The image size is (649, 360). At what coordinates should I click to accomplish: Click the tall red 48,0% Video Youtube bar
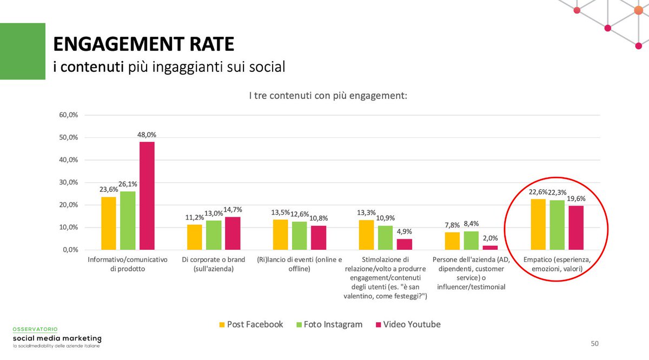tap(147, 196)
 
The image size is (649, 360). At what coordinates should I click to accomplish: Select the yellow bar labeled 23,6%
tap(109, 223)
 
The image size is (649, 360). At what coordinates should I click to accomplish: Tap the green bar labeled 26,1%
tap(128, 221)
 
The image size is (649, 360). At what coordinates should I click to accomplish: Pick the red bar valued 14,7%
tap(233, 234)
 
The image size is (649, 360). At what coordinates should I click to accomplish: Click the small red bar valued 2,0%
tap(490, 248)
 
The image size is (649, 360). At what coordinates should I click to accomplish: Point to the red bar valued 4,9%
tap(404, 244)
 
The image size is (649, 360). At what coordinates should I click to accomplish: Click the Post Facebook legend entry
tap(250, 324)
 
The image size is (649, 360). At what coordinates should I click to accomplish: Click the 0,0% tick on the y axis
tap(69, 250)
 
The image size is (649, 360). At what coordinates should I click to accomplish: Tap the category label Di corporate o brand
tap(213, 264)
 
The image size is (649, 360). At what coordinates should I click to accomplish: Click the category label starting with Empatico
tap(558, 264)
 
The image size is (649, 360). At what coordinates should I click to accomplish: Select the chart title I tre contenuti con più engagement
tap(328, 96)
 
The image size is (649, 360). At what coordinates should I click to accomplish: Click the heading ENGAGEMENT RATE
tap(144, 44)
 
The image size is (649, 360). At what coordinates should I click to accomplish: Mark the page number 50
tap(594, 343)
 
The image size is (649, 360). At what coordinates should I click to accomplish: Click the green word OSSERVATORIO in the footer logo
tap(35, 329)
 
